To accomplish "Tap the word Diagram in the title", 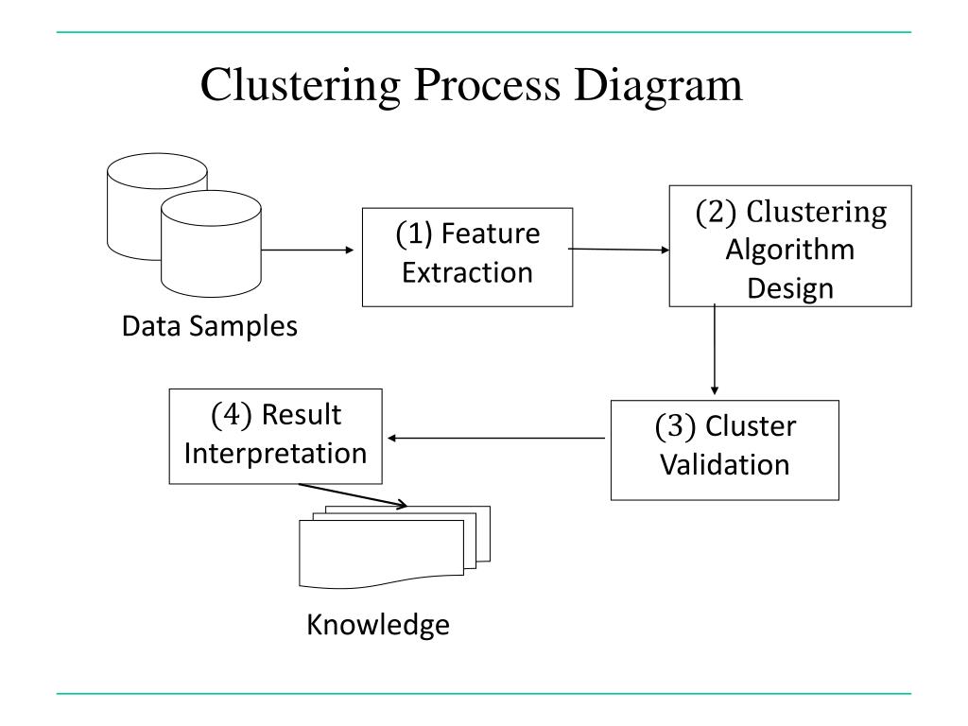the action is tap(658, 86).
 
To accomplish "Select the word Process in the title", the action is tap(488, 84).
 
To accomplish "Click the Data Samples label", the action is tap(210, 326).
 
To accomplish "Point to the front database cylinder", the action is tap(211, 244).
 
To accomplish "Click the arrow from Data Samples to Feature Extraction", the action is tap(307, 250).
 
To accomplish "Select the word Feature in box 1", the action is tap(491, 233).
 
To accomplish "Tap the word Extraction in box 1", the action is tap(467, 272).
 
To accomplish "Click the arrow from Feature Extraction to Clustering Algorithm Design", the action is tap(618, 250).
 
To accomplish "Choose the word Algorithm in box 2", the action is tap(790, 251).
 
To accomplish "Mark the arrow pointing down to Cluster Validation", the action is tap(715, 349).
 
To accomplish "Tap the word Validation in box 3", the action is tap(725, 464).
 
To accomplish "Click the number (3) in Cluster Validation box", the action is tap(675, 426).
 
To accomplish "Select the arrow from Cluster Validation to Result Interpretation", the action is tap(496, 439).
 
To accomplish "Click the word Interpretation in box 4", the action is tap(275, 454).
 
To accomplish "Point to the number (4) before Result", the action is tap(232, 414).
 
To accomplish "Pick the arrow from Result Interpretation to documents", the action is tap(353, 495).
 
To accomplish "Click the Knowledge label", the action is tap(378, 625).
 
